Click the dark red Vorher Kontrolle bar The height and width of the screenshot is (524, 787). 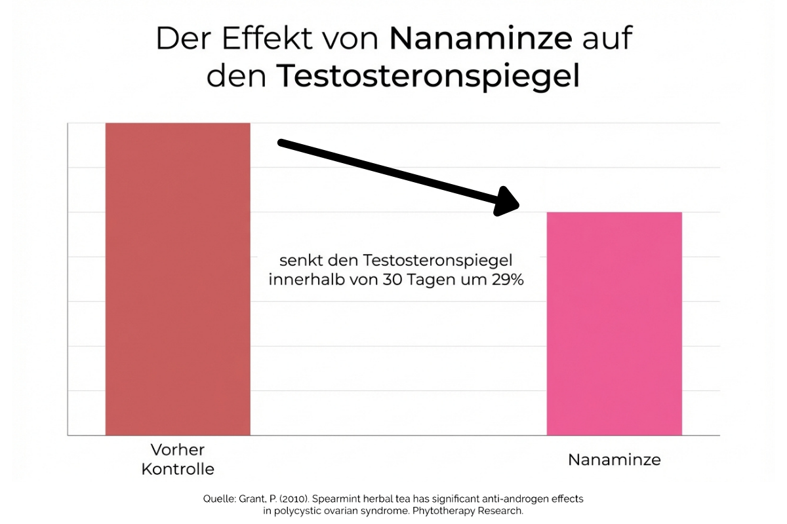click(178, 278)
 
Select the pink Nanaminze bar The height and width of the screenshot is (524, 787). click(615, 324)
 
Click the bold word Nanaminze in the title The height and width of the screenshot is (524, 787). click(481, 40)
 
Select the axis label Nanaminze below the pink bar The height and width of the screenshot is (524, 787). click(615, 460)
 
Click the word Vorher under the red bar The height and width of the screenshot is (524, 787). click(178, 450)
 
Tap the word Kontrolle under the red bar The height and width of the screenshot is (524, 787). click(178, 470)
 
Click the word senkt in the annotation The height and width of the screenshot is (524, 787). click(297, 260)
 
